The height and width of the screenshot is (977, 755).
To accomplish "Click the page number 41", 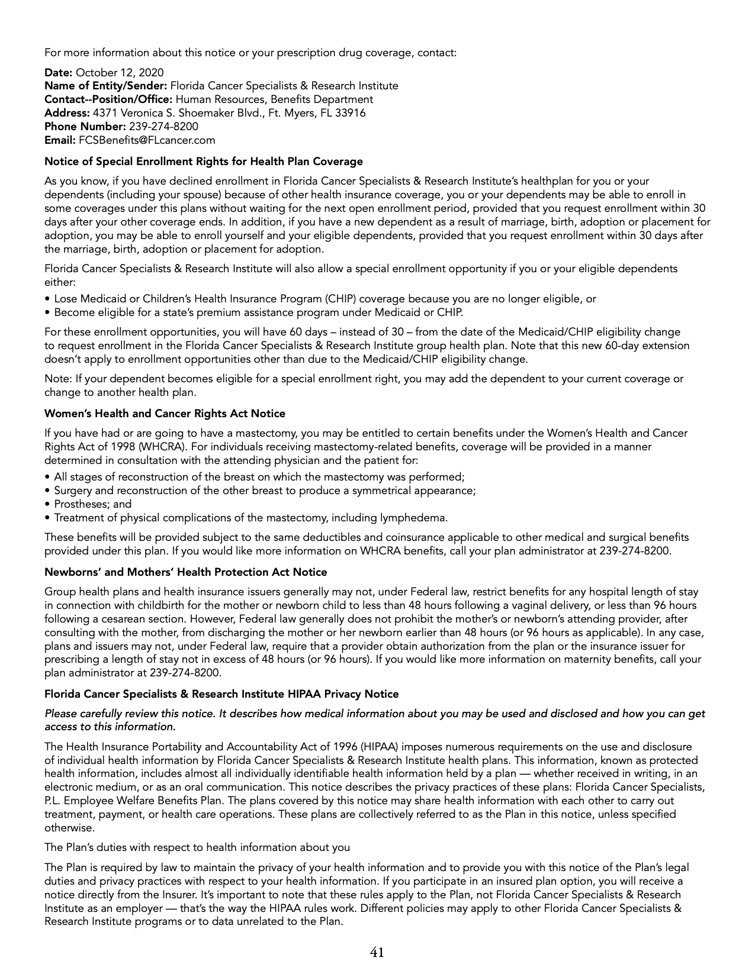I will [377, 952].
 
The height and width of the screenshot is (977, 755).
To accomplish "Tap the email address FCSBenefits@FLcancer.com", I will [147, 140].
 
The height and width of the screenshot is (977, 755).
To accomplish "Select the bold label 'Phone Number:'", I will [85, 127].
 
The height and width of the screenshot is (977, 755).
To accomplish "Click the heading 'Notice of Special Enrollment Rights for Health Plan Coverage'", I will [204, 161].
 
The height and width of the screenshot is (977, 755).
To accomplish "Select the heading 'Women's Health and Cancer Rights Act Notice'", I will [165, 414].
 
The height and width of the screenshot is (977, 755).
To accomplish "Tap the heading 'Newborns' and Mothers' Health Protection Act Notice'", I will [186, 572].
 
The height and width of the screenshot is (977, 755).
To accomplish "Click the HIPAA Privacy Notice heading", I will [221, 694].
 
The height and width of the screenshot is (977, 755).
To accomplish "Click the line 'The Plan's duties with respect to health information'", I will [197, 847].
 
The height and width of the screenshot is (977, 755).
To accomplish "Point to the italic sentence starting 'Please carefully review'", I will [375, 714].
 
